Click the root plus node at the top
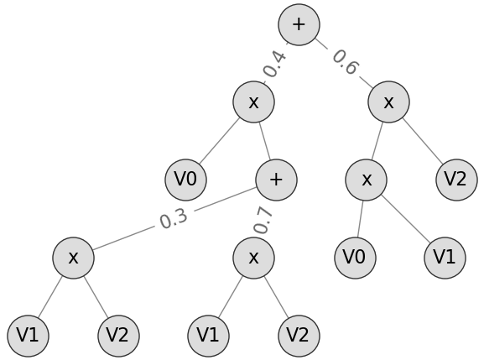click(299, 24)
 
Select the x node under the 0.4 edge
click(253, 102)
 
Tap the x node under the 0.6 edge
click(388, 102)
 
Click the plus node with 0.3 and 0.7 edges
click(276, 180)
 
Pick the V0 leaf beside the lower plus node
click(185, 180)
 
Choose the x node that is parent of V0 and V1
click(366, 180)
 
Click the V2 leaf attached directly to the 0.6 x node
click(456, 180)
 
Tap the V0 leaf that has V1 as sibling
click(354, 258)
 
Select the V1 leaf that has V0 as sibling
click(445, 258)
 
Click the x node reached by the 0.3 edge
click(73, 258)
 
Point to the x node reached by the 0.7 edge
click(253, 258)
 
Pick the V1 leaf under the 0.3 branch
click(28, 336)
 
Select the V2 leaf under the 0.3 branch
click(118, 336)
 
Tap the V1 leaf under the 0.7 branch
click(208, 336)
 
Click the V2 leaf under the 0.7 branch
click(299, 336)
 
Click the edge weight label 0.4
click(275, 64)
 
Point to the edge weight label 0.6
click(344, 63)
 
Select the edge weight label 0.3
click(174, 218)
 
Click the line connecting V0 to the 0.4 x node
click(220, 140)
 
